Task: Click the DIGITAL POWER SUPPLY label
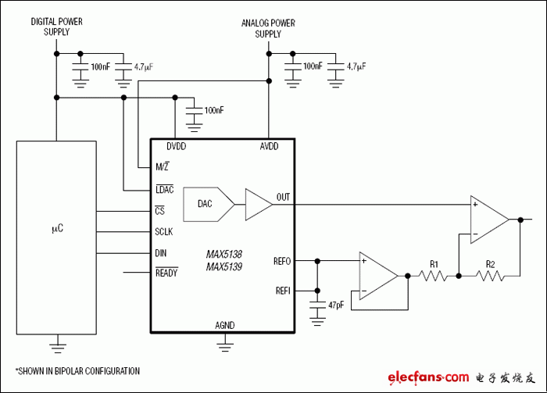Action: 56,27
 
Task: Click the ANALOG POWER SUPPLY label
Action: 268,28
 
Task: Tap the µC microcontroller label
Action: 56,229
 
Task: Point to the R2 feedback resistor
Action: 490,275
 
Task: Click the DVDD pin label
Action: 176,146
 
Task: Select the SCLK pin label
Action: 164,232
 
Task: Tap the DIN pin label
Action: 160,253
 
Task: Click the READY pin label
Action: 166,273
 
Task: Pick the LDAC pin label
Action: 164,191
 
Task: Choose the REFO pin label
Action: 283,260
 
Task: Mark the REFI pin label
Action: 283,290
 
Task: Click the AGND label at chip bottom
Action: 224,325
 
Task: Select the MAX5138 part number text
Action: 224,255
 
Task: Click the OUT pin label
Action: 283,197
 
